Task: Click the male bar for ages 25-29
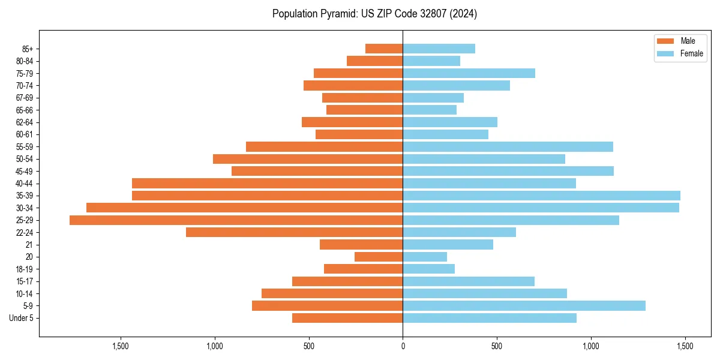236,220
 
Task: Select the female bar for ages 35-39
541,196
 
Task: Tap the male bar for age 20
379,257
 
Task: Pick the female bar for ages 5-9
524,306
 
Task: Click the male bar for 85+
384,49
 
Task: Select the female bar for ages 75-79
469,73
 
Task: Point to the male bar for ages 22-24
294,232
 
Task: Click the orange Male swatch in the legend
665,41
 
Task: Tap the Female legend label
692,53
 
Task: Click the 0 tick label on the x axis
403,346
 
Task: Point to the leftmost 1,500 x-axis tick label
121,346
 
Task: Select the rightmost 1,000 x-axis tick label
591,346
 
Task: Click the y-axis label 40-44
24,184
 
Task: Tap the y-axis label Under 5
21,318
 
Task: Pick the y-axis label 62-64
24,122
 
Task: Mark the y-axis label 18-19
24,269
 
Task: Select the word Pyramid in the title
339,14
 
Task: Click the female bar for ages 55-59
508,147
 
